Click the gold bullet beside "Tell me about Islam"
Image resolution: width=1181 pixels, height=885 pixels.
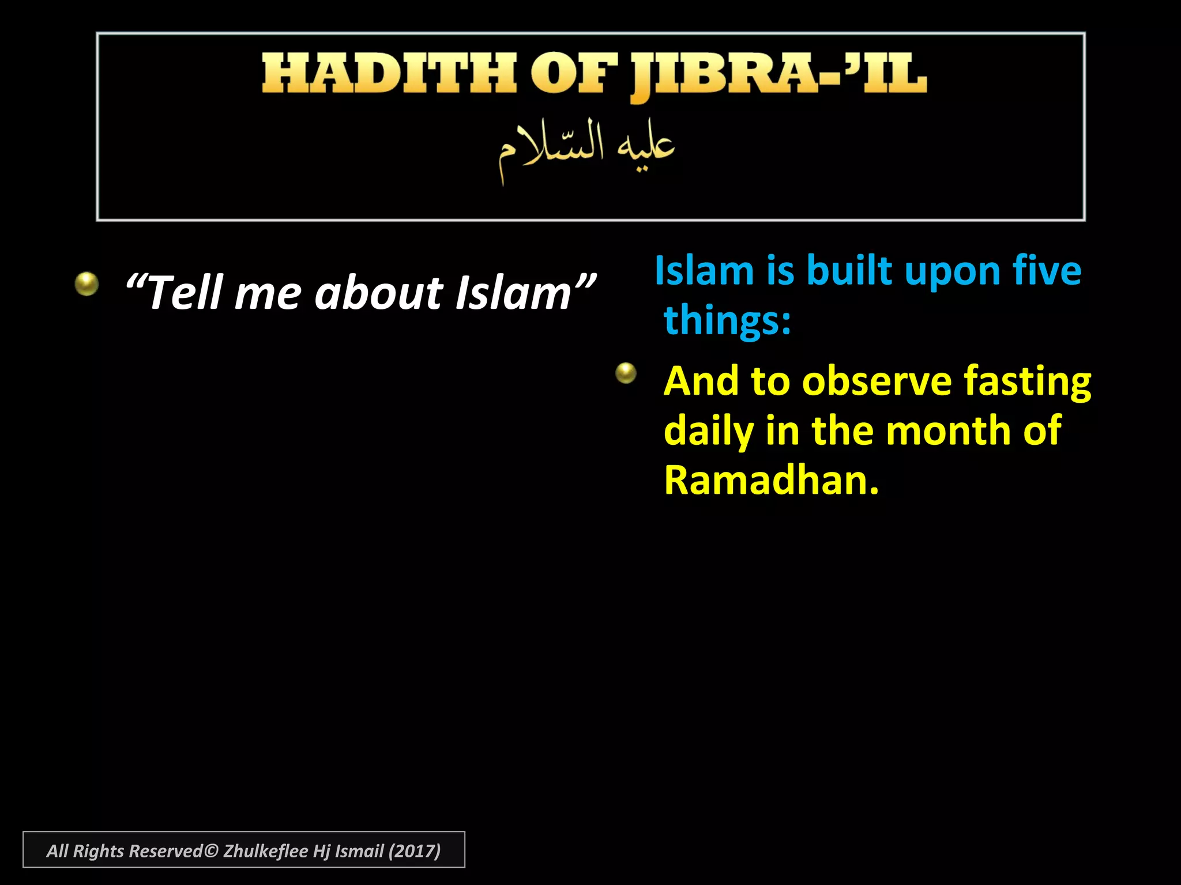click(x=86, y=284)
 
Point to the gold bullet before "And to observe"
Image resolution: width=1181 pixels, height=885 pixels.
click(x=626, y=373)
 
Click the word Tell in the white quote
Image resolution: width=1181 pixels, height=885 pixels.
click(x=185, y=293)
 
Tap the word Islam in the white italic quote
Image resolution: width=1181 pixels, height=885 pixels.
click(x=513, y=293)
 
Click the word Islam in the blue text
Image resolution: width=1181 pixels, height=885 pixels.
click(x=704, y=271)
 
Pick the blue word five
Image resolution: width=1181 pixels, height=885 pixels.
click(x=1046, y=271)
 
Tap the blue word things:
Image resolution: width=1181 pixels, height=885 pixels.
click(x=727, y=320)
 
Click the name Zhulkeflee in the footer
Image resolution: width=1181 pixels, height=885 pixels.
click(x=265, y=851)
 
